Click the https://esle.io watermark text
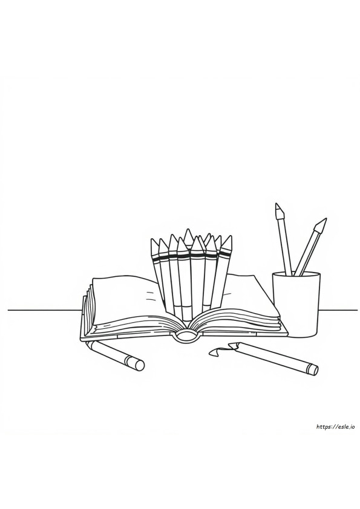(335, 427)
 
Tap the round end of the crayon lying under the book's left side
(139, 365)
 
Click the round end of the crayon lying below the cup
(313, 370)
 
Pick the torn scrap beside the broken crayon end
(216, 352)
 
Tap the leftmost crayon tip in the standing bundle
(152, 240)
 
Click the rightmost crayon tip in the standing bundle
(230, 237)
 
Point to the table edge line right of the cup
(338, 310)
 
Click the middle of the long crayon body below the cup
(273, 356)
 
